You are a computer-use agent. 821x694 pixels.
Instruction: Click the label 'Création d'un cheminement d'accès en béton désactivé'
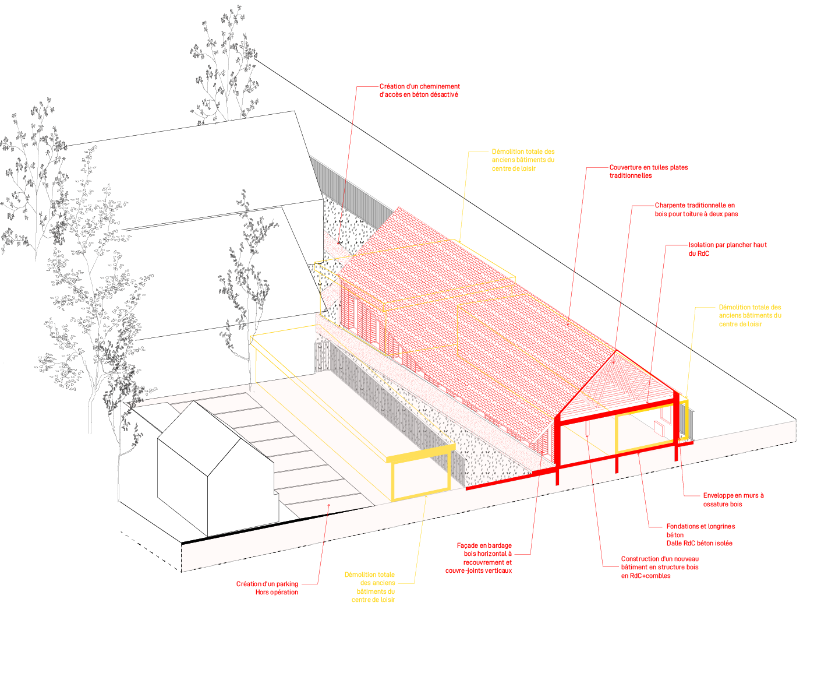coord(419,90)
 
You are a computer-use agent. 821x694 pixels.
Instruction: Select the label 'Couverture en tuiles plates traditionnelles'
coord(648,171)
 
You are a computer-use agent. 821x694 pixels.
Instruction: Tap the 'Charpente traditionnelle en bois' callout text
coord(696,210)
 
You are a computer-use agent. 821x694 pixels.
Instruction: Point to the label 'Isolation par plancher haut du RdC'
coord(727,249)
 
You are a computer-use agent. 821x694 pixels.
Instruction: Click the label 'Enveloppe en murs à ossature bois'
coord(732,499)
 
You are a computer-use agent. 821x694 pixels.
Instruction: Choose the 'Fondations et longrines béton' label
coord(700,530)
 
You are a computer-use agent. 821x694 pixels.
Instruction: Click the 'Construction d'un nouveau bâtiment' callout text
coord(659,567)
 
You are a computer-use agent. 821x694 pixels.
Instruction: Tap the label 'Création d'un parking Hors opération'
coord(267,588)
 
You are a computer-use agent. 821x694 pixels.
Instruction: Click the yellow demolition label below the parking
coord(371,587)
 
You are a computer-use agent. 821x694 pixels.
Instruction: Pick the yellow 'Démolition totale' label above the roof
coord(523,160)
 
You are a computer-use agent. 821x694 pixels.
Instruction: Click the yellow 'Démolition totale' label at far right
coord(749,315)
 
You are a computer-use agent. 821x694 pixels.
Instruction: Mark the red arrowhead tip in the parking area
coord(329,505)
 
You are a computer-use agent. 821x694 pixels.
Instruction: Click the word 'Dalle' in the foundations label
coord(674,543)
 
